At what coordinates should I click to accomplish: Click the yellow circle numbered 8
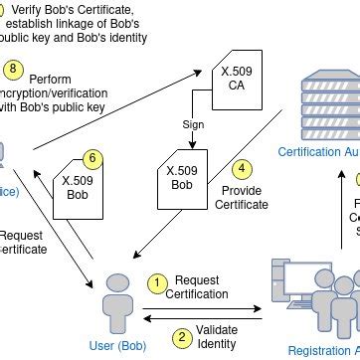(x=13, y=69)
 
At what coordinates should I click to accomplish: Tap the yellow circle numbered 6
(x=91, y=158)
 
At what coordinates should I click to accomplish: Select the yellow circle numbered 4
(x=242, y=170)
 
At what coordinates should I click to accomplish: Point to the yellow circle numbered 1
(x=156, y=283)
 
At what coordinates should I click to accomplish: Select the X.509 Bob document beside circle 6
(x=79, y=188)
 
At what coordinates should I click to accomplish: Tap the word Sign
(x=194, y=125)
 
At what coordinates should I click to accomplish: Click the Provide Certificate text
(x=242, y=197)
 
